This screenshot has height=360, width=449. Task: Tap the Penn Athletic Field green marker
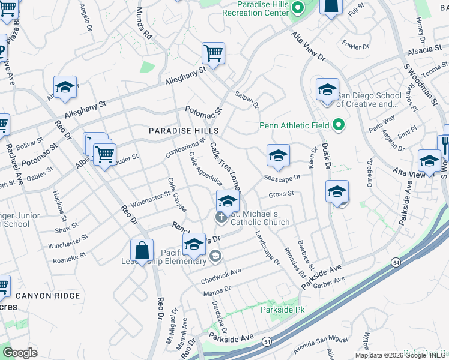click(339, 125)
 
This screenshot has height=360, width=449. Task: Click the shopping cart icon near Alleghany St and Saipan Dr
click(213, 54)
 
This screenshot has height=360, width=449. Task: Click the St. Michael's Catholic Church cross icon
click(221, 217)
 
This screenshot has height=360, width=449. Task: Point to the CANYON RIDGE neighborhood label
click(47, 296)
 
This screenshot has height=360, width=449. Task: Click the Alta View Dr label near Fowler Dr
click(309, 48)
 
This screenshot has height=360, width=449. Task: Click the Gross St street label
click(281, 194)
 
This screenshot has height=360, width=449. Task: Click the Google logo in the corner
click(20, 353)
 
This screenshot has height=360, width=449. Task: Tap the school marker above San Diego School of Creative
click(327, 90)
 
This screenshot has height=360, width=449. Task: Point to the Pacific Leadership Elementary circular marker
click(215, 257)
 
